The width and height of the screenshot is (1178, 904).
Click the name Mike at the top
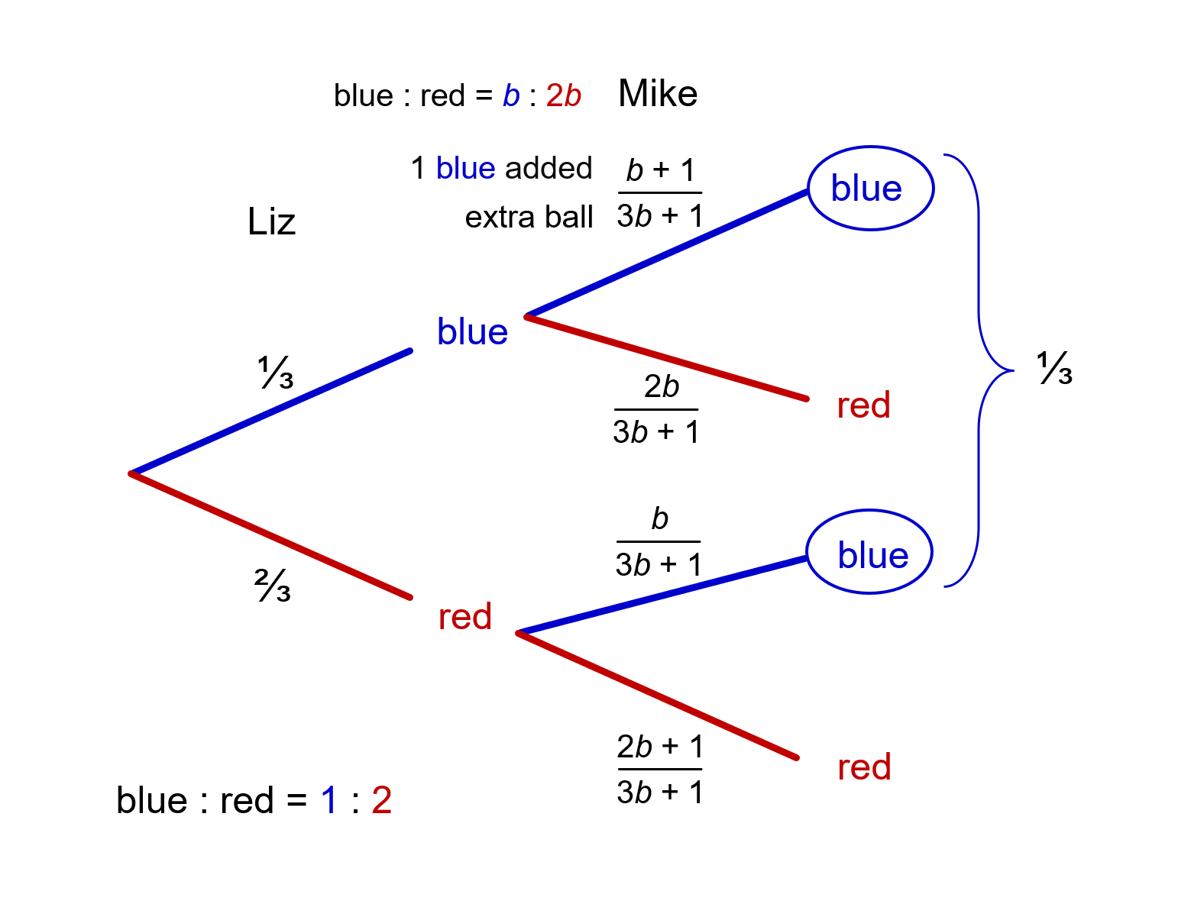point(657,94)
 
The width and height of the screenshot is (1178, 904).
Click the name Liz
point(271,222)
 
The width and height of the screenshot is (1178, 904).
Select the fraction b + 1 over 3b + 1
point(659,193)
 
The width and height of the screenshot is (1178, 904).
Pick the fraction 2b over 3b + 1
point(656,409)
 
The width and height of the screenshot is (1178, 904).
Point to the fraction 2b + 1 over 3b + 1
point(659,769)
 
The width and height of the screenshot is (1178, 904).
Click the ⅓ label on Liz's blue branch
point(275,373)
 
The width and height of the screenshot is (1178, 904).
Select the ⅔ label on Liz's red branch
point(273,586)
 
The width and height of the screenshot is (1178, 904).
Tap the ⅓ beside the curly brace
point(1054,369)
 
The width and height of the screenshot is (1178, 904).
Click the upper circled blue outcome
point(870,188)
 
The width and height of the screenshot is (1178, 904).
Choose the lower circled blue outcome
point(869,552)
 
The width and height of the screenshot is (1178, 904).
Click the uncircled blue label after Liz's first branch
point(472,332)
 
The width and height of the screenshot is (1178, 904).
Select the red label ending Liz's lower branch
point(464,616)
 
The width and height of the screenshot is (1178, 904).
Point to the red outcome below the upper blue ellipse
point(863,405)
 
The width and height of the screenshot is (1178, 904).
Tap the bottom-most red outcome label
point(864,767)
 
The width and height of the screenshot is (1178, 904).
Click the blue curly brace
point(979,370)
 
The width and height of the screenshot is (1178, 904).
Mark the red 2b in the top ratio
point(564,96)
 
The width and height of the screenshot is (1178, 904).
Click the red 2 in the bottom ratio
point(381,801)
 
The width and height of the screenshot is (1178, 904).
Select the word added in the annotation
point(548,169)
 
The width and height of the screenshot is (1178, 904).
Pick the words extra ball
point(529,218)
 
